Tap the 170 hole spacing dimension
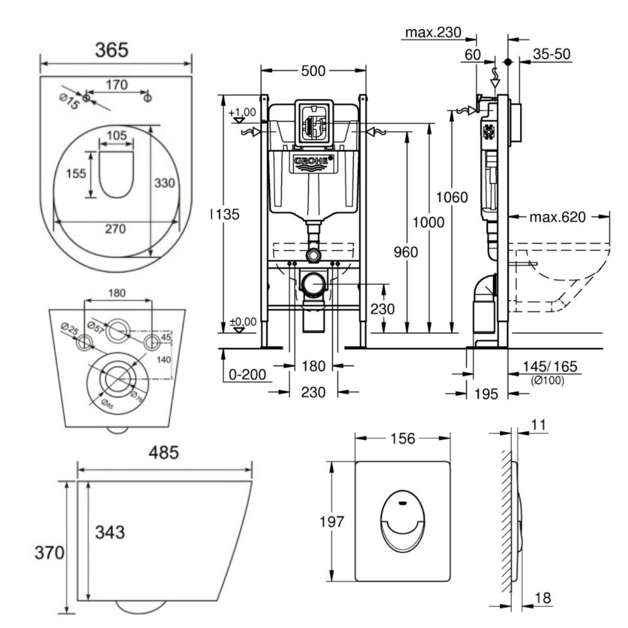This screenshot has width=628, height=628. click(117, 84)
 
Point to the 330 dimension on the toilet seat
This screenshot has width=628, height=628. click(165, 182)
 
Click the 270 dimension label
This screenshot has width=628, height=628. click(115, 229)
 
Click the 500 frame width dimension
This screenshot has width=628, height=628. click(313, 71)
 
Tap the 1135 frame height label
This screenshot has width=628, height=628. click(225, 214)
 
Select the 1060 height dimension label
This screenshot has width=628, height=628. click(453, 197)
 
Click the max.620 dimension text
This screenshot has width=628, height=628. click(557, 217)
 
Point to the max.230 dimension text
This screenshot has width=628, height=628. click(433, 31)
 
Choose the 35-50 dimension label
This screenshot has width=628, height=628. click(551, 55)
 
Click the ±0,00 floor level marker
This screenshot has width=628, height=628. click(242, 322)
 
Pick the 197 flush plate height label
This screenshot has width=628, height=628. click(336, 522)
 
